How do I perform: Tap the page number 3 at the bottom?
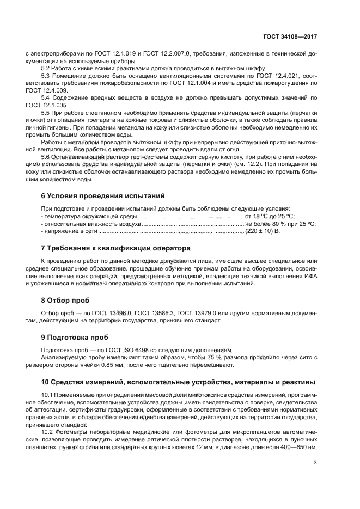pos(315,463)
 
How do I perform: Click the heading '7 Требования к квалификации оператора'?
pos(115,248)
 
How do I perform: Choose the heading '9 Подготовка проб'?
pos(75,337)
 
